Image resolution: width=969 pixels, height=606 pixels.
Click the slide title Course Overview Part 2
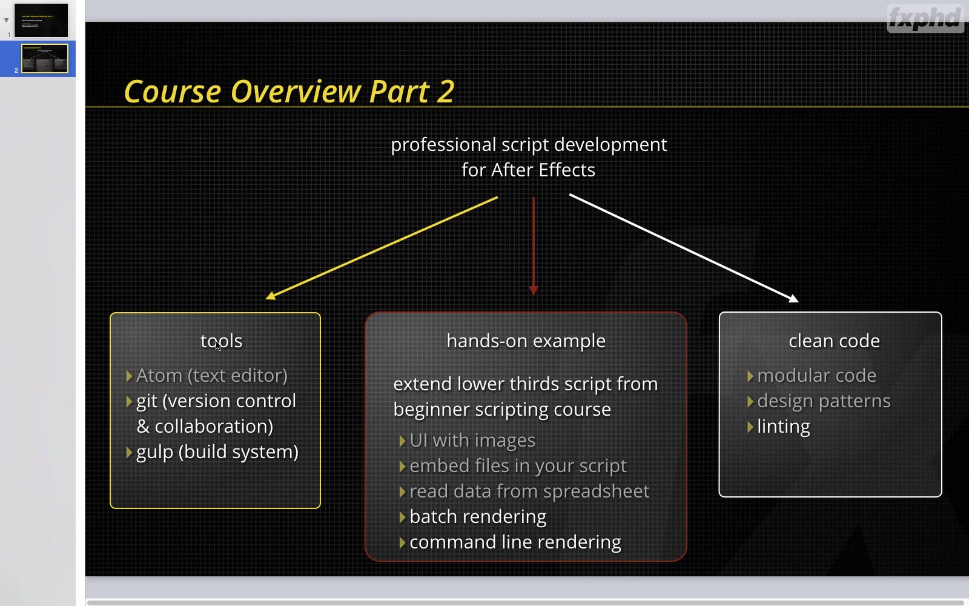289,92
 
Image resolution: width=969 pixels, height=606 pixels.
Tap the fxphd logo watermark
925,18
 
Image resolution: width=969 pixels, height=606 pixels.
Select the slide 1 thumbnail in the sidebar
41,21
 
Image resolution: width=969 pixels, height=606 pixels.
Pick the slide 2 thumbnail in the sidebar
45,58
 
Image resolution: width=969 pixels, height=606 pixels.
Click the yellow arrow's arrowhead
271,296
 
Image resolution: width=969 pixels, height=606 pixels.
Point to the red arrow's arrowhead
534,290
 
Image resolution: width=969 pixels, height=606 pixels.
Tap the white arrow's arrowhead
793,298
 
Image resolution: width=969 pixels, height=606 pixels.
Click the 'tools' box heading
222,341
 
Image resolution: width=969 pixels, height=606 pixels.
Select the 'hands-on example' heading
526,341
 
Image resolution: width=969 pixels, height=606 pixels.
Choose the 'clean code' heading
834,341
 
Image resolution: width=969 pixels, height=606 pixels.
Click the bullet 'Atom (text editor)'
212,376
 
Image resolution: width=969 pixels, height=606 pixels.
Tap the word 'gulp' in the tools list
155,452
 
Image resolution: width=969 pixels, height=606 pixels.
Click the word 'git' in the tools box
147,401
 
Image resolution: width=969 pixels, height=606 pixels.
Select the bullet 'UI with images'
472,440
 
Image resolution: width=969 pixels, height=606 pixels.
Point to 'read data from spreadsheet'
529,491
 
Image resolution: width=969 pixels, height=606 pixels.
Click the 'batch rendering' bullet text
478,517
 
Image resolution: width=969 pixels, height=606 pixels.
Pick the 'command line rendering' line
515,542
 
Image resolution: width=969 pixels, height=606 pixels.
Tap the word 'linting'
784,427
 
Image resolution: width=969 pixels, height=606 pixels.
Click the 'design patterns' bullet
824,401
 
